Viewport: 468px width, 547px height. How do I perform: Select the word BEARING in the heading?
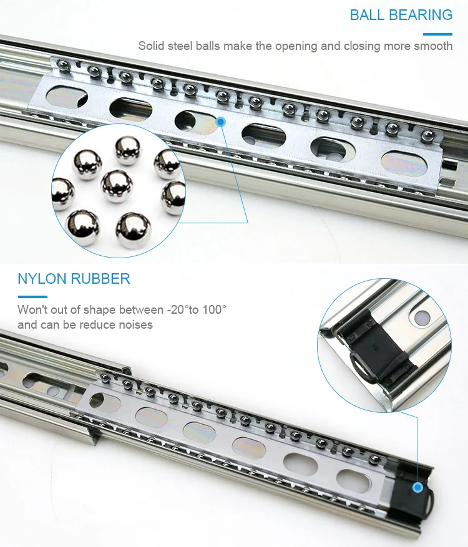click(422, 15)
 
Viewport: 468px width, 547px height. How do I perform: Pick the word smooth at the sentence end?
click(433, 46)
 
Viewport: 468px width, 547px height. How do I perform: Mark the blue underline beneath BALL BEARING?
click(437, 33)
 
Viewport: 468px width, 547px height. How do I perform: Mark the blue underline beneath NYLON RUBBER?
click(32, 296)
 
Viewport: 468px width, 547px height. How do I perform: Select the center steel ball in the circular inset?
click(116, 185)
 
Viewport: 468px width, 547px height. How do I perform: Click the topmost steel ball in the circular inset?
click(127, 150)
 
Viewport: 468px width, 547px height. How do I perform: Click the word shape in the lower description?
click(89, 310)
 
